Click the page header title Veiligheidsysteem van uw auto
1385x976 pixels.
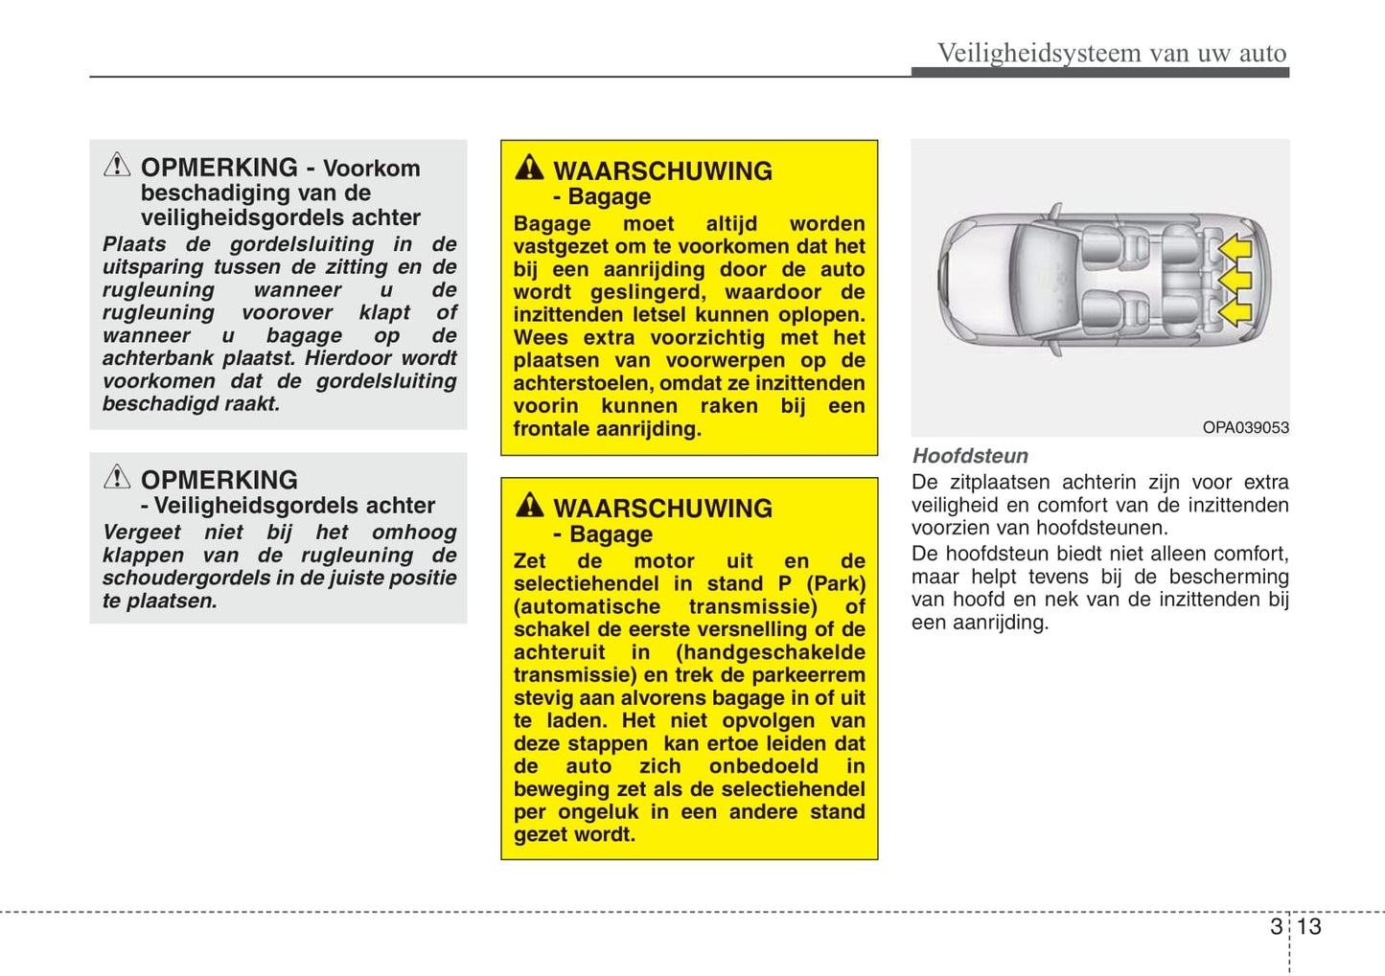1111,53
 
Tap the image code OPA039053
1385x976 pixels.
1245,427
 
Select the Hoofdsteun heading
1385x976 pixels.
970,456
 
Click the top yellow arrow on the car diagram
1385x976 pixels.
1235,248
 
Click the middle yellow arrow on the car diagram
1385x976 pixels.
1235,280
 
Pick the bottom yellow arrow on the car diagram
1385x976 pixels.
1235,311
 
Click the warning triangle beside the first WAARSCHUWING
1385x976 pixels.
529,169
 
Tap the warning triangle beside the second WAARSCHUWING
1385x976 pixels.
529,506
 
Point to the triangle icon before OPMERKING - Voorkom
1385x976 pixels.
117,165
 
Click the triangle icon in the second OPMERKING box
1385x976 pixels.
117,477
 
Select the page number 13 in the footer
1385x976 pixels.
1308,926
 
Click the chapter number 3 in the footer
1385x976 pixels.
1276,926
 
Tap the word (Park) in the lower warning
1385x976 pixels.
836,584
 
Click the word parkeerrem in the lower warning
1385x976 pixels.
810,675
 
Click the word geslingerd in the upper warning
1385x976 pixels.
647,292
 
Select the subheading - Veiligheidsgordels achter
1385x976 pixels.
288,506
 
